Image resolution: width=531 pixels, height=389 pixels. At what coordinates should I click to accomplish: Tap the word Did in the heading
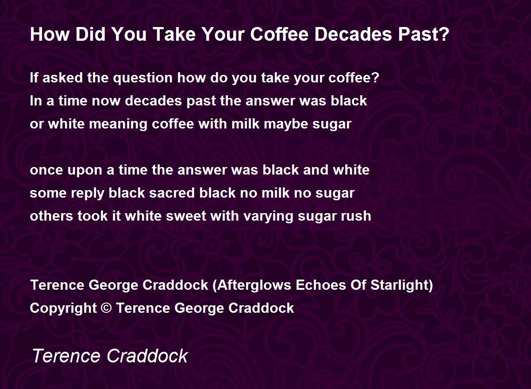[x=90, y=34]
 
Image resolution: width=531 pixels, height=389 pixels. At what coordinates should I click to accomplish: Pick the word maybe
[x=286, y=124]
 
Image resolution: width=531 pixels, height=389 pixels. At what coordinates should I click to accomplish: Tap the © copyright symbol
[x=107, y=308]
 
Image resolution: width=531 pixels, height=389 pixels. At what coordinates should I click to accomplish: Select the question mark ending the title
[x=444, y=34]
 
